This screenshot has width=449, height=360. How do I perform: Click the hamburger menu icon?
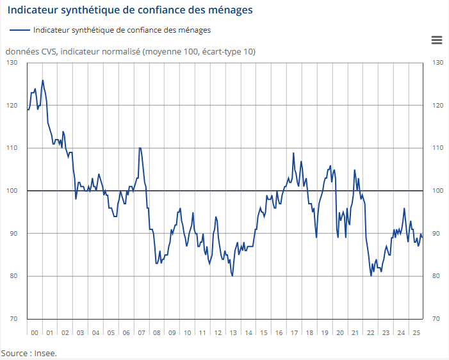(x=437, y=40)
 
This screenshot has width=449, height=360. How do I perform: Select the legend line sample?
(x=20, y=29)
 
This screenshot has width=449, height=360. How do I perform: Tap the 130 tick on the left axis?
(x=12, y=63)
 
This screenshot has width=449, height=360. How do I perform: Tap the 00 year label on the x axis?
(x=35, y=333)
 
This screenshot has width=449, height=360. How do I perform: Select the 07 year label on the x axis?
(x=142, y=333)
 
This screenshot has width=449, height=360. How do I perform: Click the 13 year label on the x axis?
(x=233, y=333)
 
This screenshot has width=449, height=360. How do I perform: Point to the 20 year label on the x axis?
(x=339, y=333)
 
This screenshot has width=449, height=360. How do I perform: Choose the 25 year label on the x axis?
(x=415, y=333)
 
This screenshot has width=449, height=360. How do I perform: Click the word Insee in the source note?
(x=46, y=353)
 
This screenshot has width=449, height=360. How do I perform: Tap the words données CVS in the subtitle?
(x=26, y=51)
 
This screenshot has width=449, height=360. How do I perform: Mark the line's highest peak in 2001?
(x=42, y=80)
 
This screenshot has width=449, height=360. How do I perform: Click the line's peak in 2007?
(x=140, y=148)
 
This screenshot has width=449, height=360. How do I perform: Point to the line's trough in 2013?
(x=232, y=276)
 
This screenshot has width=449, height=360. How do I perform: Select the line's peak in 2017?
(x=293, y=152)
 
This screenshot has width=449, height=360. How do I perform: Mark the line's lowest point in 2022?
(x=371, y=276)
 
